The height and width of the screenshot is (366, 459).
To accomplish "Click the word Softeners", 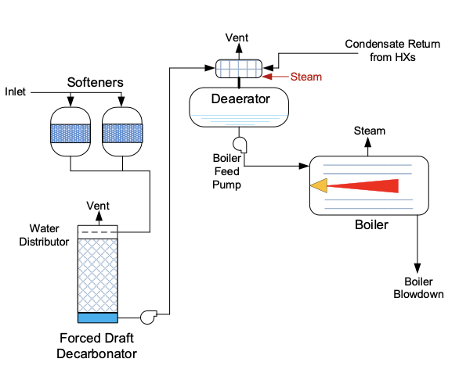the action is pos(95,82).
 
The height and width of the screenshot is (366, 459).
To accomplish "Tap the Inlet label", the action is pos(15,91).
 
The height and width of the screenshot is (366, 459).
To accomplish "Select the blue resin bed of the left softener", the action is pos(70,134).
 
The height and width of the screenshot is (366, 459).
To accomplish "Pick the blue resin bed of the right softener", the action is pos(122,133).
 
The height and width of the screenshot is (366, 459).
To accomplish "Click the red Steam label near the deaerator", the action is pos(306,77).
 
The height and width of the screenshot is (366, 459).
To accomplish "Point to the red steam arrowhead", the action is pos(267,77).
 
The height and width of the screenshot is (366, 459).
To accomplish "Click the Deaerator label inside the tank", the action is pos(240,99).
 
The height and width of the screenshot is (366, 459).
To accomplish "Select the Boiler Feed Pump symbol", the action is pos(240,145).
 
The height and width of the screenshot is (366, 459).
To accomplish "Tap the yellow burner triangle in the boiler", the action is pos(319,185).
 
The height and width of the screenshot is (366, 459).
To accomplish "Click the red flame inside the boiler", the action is pos(363,186).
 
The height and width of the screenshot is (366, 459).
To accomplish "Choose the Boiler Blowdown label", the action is pos(418,288).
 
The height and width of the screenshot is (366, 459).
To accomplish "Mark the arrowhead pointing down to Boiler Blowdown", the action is pos(417,268).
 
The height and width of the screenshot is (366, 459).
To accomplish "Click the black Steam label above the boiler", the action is pos(370,131).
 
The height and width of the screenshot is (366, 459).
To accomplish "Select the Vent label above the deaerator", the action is pos(237,38).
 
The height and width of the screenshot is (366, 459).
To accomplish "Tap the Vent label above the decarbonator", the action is pos(98,206).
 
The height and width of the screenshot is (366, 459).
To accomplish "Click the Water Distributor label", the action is pos(44,235).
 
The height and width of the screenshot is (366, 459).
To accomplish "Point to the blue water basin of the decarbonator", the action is pos(98,318).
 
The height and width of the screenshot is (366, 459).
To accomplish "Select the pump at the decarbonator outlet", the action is pos(148,317).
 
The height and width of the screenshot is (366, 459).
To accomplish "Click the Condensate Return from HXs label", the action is pos(392,50).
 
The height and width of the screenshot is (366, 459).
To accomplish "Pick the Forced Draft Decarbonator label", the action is pos(96,346).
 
